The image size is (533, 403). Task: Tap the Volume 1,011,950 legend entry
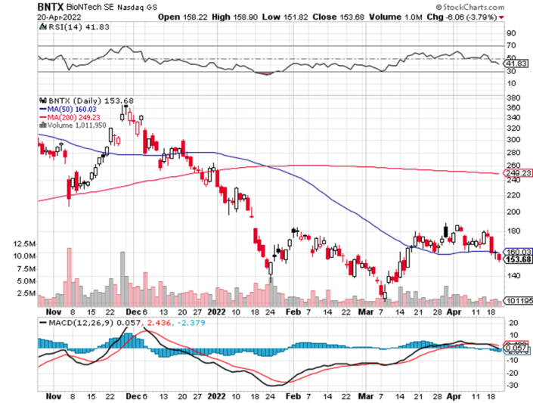(77, 126)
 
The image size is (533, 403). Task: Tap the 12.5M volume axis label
(24, 244)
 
